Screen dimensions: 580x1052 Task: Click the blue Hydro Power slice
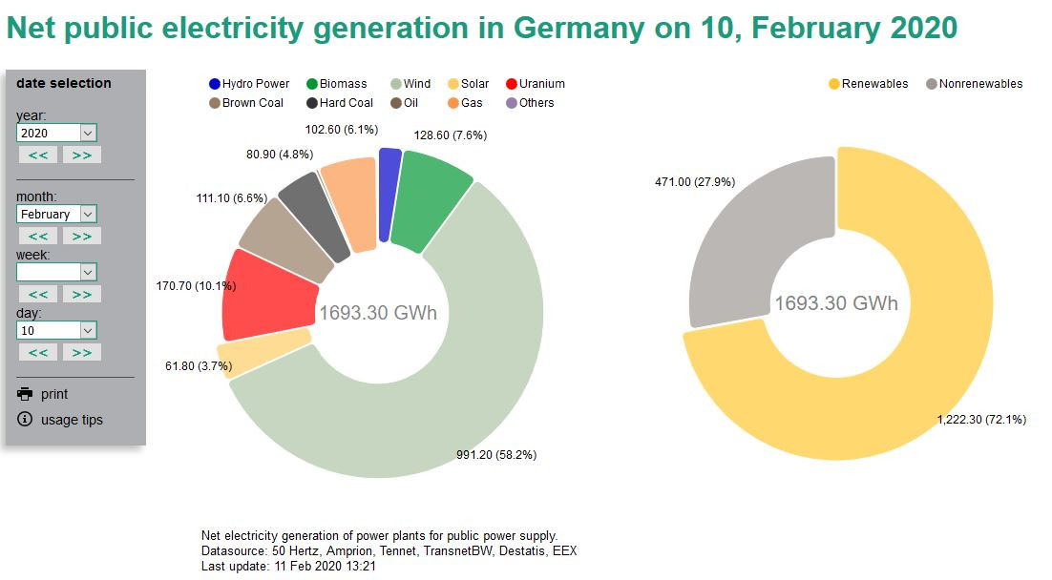389,194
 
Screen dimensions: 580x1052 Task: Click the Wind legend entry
410,84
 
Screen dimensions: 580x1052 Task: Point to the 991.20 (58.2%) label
495,455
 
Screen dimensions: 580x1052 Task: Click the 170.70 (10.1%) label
196,285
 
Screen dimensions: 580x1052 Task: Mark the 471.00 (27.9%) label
694,181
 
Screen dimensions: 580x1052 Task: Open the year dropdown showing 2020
56,133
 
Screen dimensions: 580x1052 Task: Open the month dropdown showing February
56,215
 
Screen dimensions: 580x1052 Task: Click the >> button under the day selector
81,352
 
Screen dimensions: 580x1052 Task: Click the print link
53,394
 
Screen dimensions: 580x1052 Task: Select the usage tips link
71,420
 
